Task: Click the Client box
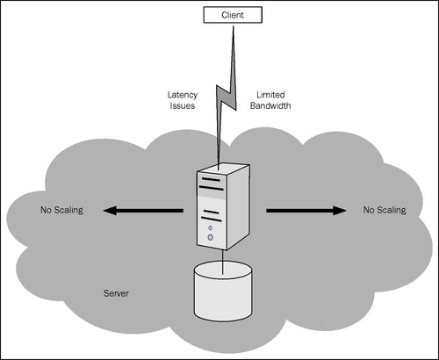point(233,15)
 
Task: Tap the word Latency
point(183,95)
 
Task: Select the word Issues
point(183,105)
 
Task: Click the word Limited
point(270,95)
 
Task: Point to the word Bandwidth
point(270,105)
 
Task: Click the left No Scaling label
point(62,210)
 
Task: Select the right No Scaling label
point(385,210)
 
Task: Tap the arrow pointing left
point(143,211)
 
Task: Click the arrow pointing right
point(306,211)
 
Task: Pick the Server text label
point(116,293)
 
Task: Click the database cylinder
point(223,292)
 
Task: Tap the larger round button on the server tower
point(210,237)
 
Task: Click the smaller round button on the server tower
point(210,227)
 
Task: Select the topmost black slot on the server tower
point(211,179)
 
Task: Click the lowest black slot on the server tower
point(212,219)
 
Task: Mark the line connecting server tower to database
point(223,262)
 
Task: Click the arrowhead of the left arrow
point(110,211)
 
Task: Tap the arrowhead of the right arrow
point(340,211)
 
